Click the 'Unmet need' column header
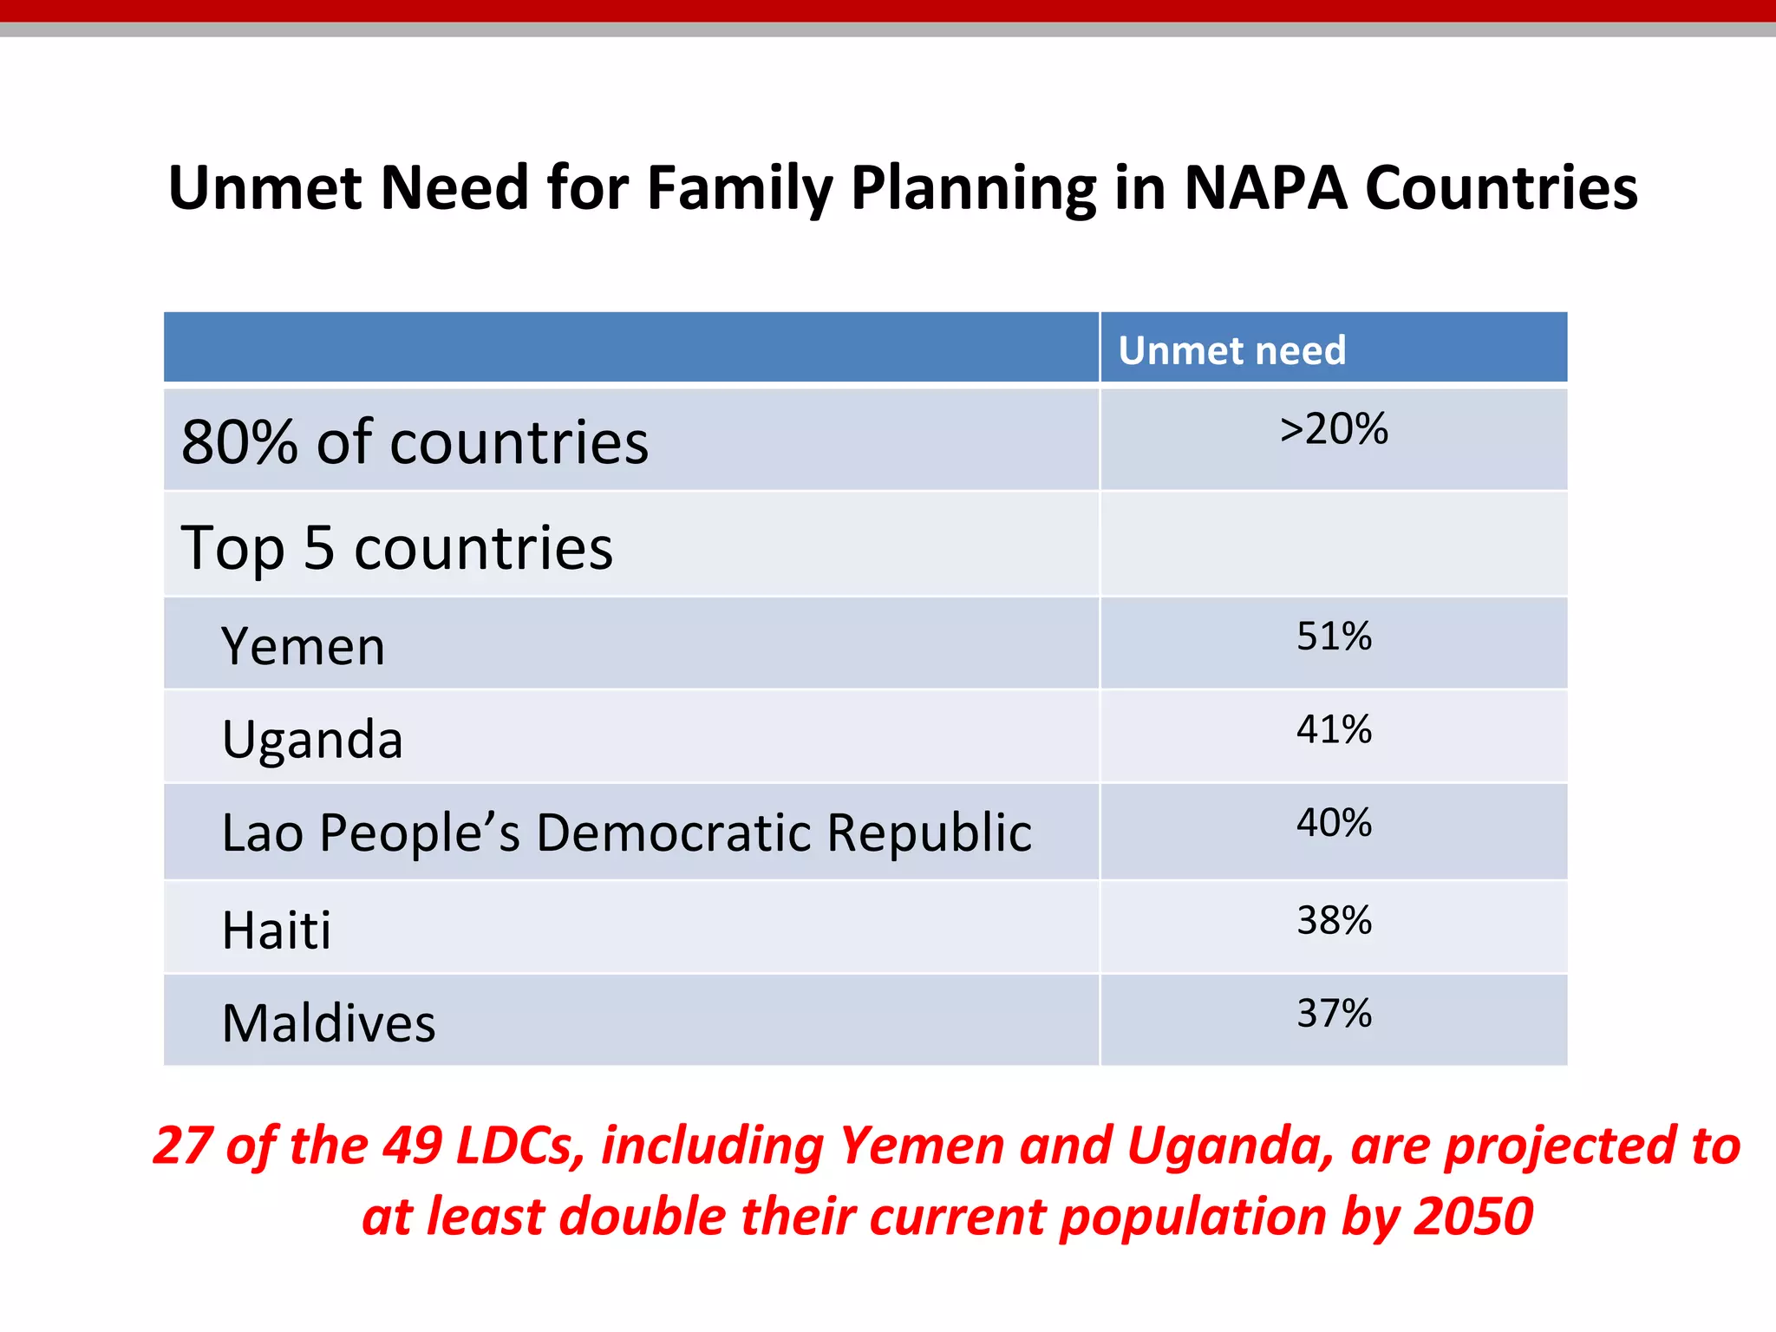pos(1231,350)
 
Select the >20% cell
pos(1333,429)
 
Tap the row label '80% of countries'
pos(415,442)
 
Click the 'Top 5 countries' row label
pos(396,548)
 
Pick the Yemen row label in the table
pos(303,647)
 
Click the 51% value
pos(1333,637)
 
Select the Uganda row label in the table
pos(312,740)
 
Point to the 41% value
pos(1333,729)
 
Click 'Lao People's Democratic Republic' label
pos(626,833)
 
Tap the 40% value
pos(1333,823)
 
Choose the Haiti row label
pos(276,930)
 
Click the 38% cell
pos(1333,920)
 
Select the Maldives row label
pos(328,1023)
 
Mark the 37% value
pos(1333,1013)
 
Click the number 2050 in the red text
pos(1472,1216)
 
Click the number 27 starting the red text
pos(182,1146)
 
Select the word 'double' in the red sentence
pos(645,1216)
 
